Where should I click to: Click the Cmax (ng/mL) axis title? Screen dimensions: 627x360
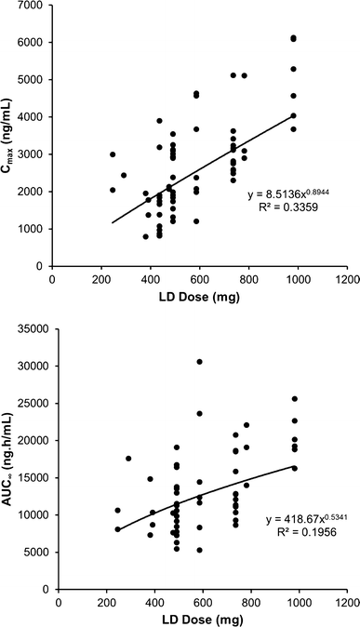[x=10, y=135]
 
